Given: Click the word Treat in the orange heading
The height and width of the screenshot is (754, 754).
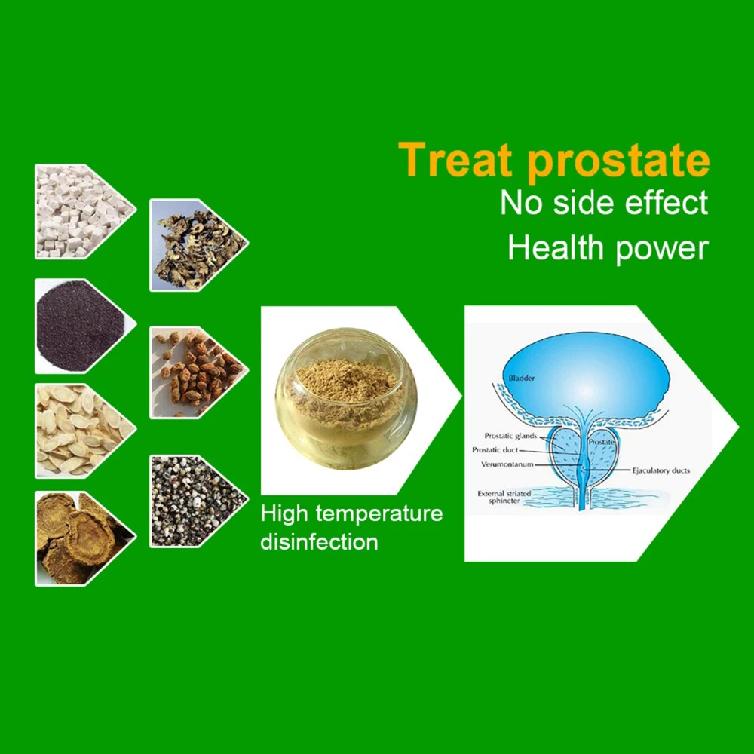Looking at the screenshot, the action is (455, 160).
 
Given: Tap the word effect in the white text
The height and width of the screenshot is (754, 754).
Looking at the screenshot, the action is (666, 202).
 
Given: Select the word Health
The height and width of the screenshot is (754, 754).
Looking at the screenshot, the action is (556, 247).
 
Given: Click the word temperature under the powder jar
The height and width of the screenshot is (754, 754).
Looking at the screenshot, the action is (379, 514).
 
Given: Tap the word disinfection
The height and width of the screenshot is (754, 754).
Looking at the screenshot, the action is (319, 541).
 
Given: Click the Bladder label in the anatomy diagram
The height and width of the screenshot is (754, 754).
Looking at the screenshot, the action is (521, 378).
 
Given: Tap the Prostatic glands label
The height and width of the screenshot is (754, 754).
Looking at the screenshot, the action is (510, 436).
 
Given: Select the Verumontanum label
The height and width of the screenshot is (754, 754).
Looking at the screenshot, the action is (507, 464).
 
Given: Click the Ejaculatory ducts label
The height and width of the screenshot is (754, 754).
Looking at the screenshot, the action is (661, 470).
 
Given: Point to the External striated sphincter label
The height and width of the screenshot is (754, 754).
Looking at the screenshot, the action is (504, 497).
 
